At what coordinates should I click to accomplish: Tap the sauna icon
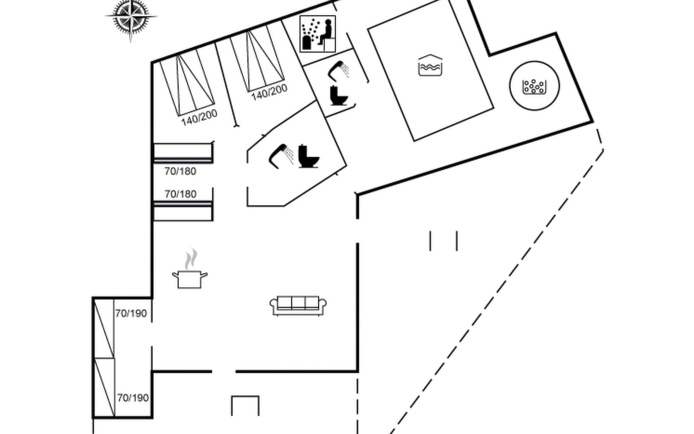coord(318,34)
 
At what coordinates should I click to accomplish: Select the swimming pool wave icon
coord(430,65)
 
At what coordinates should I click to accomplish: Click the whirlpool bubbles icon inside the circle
coord(534,86)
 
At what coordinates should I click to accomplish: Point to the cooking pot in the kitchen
coord(190,279)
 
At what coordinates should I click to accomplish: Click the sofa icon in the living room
coord(298,306)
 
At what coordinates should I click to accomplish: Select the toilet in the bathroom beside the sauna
coord(339,95)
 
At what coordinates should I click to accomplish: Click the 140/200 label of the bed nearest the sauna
coord(269,92)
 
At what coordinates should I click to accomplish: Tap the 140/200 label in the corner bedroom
coord(199,118)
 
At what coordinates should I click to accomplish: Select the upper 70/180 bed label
coord(180,171)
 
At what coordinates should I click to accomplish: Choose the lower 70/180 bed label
coord(180,194)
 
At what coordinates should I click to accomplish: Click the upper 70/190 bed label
coord(131,313)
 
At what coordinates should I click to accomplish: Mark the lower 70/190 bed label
coord(133,398)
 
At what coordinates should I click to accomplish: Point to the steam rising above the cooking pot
coord(191,259)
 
